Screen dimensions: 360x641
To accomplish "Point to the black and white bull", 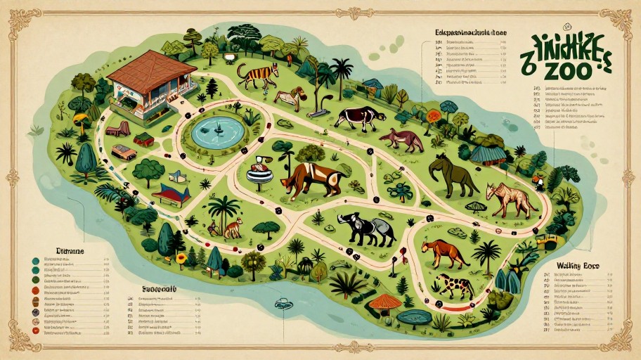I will coord(359,117).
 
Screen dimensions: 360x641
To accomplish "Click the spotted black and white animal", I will coord(455,285).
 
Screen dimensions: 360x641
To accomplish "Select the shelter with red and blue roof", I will coord(171,193).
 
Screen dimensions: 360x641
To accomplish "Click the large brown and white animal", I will coord(309,179).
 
